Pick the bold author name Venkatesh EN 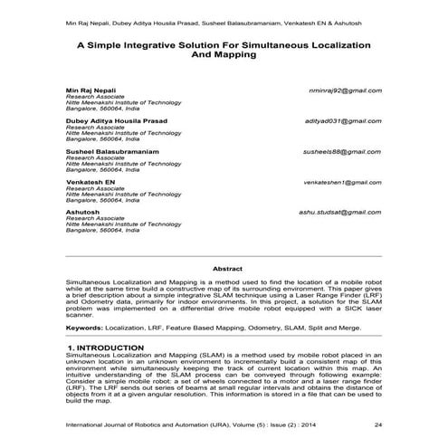click(91, 182)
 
